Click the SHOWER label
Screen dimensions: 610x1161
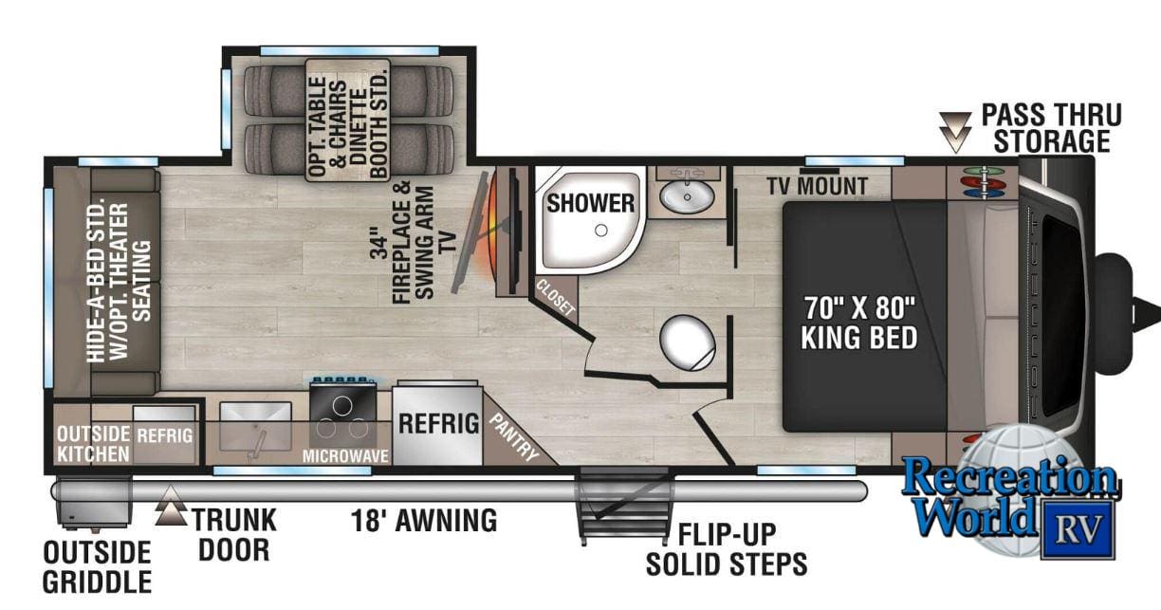(x=590, y=202)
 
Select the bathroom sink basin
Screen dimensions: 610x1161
(x=687, y=197)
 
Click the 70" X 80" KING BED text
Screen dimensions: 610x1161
(x=859, y=323)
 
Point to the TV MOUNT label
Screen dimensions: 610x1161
(x=818, y=186)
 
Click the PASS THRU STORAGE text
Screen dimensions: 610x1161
(x=1050, y=128)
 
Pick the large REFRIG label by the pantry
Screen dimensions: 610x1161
(x=437, y=424)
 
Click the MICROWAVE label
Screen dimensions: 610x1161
(x=345, y=456)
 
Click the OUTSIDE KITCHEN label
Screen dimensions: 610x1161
(x=91, y=444)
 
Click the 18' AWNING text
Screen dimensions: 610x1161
(x=423, y=520)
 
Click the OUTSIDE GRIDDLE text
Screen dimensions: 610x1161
(x=97, y=566)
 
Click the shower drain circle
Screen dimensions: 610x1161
(x=600, y=230)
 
